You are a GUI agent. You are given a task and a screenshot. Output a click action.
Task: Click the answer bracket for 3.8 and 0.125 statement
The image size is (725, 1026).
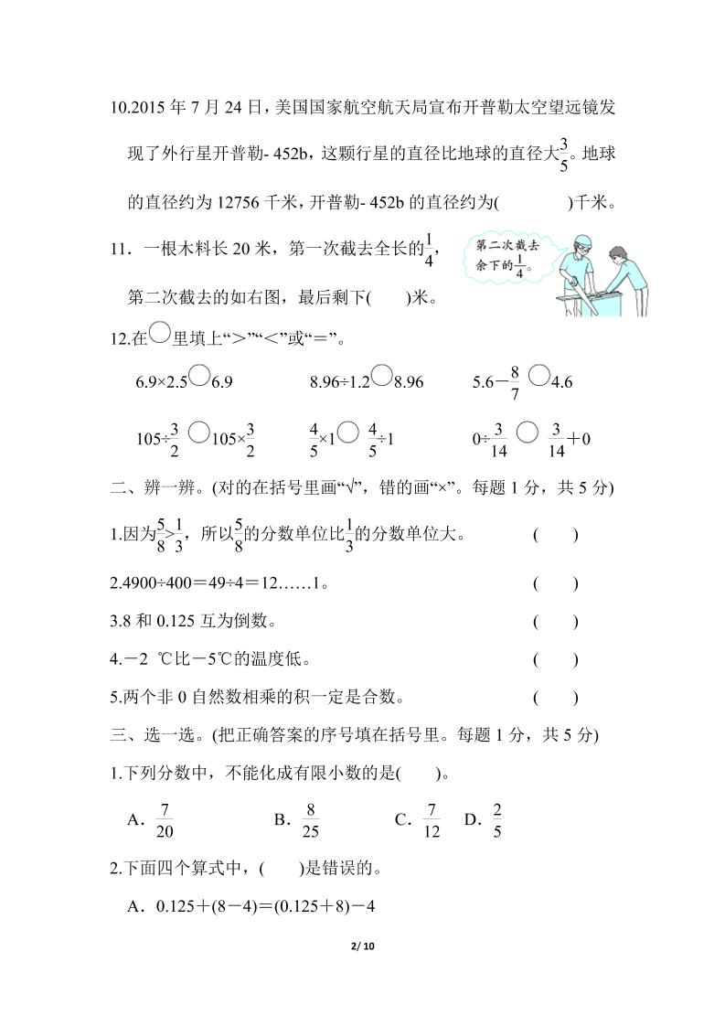pos(555,622)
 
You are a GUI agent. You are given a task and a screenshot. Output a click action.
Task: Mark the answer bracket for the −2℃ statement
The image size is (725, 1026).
pos(555,659)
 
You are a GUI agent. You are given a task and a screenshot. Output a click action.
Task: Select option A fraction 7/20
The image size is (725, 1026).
pos(165,819)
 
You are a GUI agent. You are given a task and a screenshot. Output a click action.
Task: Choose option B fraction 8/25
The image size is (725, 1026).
pos(311,819)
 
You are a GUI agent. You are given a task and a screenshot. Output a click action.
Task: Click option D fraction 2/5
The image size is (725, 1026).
pos(497,819)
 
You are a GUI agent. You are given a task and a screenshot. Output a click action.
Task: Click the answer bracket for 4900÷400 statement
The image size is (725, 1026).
pos(555,583)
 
